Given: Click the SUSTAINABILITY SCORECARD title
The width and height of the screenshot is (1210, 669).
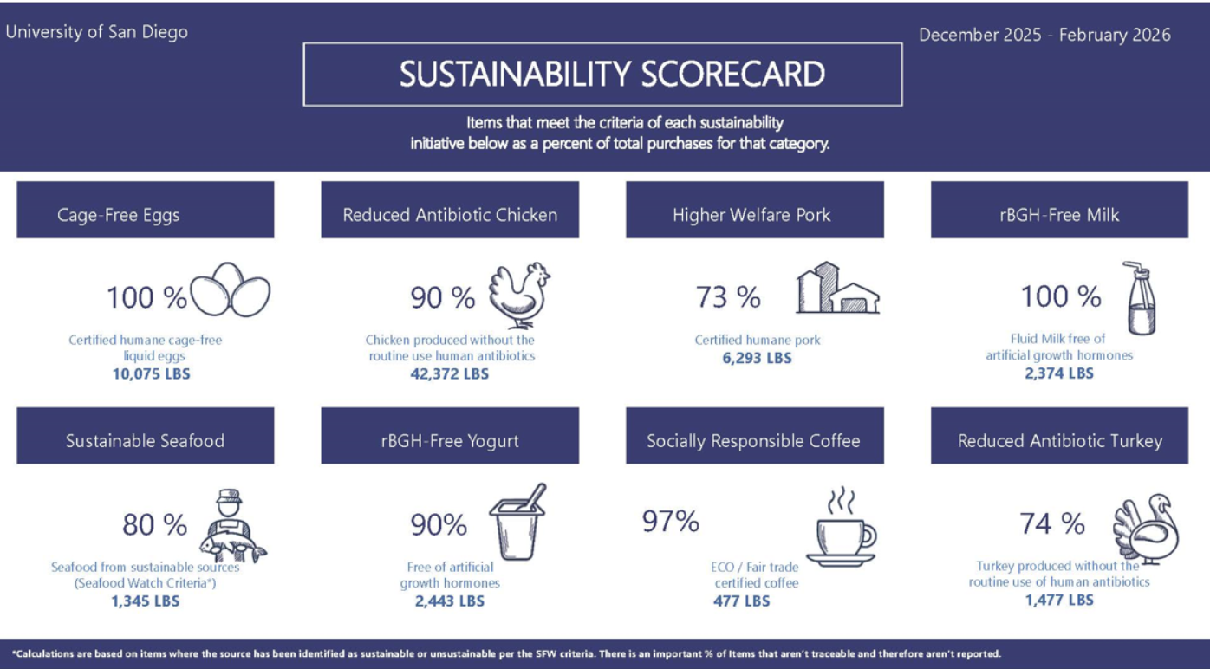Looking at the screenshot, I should pyautogui.click(x=611, y=75).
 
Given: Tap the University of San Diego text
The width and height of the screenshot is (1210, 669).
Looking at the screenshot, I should pyautogui.click(x=96, y=32).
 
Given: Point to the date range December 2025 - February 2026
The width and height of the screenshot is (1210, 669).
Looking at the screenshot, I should pyautogui.click(x=1044, y=35).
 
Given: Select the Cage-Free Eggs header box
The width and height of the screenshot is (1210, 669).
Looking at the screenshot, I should pyautogui.click(x=145, y=210).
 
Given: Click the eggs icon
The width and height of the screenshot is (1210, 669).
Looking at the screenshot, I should pyautogui.click(x=230, y=290).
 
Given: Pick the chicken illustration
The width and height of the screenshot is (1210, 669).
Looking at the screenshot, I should pyautogui.click(x=518, y=295).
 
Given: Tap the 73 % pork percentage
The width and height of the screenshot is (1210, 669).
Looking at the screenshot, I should pyautogui.click(x=728, y=297).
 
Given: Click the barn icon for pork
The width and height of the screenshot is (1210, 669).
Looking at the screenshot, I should pyautogui.click(x=836, y=289).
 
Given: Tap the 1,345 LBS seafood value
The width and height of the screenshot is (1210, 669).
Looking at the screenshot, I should pyautogui.click(x=145, y=601).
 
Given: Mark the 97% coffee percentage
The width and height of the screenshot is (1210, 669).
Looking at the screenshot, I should pyautogui.click(x=670, y=522).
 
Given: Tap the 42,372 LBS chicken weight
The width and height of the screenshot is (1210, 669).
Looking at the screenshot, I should pyautogui.click(x=449, y=373).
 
